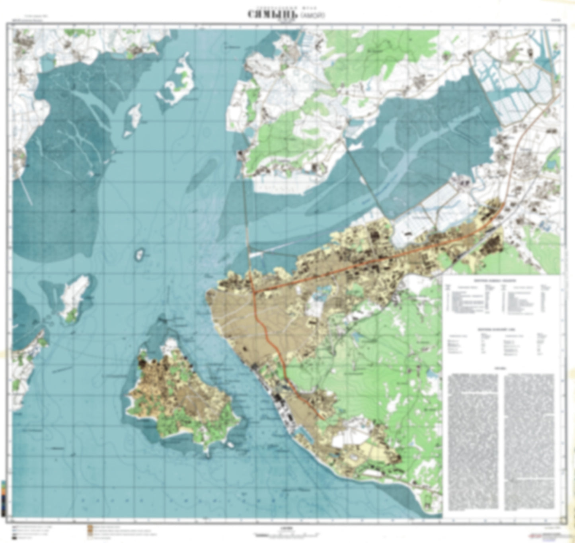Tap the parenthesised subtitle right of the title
tap(315, 15)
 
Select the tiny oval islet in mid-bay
tap(140, 254)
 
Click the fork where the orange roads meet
tap(253, 292)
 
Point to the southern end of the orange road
tap(321, 417)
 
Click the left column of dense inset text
tap(473, 442)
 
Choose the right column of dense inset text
tap(529, 442)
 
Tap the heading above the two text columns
tap(501, 368)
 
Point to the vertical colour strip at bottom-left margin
tap(4, 498)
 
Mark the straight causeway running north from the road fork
tap(248, 223)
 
